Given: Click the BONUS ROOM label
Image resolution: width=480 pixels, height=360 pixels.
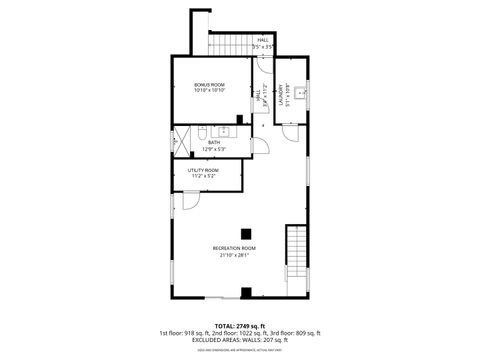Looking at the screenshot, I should tap(210, 85).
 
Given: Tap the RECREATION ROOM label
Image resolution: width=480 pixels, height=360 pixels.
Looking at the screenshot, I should tap(234, 247).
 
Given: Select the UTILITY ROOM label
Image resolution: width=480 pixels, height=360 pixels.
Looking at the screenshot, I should tap(202, 170).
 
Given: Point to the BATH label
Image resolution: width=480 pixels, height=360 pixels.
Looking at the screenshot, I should tap(214, 142).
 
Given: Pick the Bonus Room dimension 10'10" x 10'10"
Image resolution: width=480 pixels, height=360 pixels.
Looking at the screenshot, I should tap(210, 92).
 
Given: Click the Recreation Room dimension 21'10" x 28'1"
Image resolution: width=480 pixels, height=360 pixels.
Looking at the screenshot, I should tap(234, 254).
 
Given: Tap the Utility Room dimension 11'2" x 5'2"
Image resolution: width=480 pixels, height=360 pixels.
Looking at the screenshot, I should tap(202, 177).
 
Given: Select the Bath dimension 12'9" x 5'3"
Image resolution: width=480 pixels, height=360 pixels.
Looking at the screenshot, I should tap(214, 149).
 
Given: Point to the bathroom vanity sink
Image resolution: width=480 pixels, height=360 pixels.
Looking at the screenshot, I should tap(226, 131).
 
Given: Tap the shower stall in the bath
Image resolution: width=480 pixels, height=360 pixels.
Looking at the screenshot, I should tap(182, 140).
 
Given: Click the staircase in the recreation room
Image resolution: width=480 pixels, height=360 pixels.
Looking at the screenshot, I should tap(296, 255).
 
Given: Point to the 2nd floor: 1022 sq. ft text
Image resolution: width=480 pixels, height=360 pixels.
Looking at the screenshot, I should tap(239, 332).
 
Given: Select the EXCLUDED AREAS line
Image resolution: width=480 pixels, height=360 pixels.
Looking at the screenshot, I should tap(239, 339).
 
